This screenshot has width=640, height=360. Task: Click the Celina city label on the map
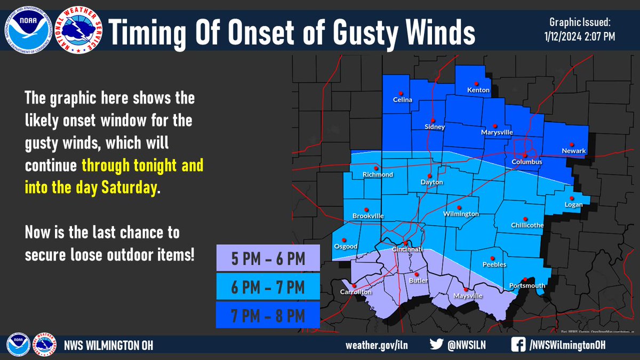[403, 99]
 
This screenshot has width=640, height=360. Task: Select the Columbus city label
[526, 162]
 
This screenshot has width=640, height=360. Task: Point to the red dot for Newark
[571, 144]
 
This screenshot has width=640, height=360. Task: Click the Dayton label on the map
[433, 182]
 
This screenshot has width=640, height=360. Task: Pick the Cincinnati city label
[407, 250]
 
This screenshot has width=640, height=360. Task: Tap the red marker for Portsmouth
[525, 279]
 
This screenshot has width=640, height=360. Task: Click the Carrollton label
[356, 292]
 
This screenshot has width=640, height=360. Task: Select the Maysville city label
[468, 295]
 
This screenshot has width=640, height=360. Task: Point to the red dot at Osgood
[344, 240]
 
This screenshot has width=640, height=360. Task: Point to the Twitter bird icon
[436, 345]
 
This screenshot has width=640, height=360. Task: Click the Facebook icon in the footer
[517, 345]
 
